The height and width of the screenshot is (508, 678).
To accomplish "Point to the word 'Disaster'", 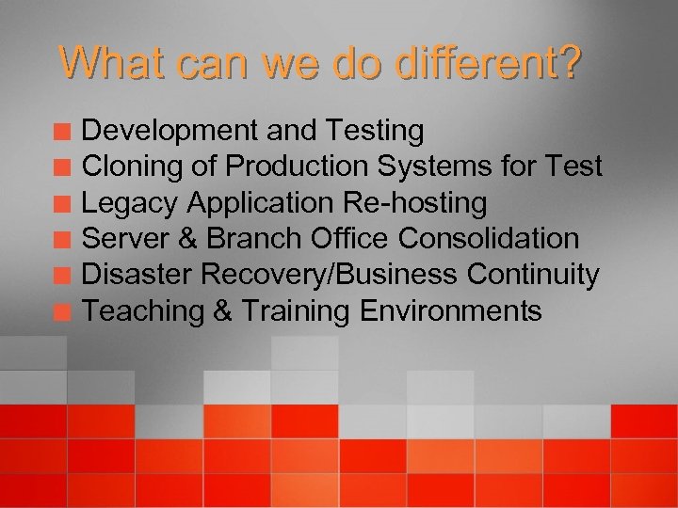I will [x=133, y=275].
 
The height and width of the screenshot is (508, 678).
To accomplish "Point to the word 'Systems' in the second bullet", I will [x=431, y=167].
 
